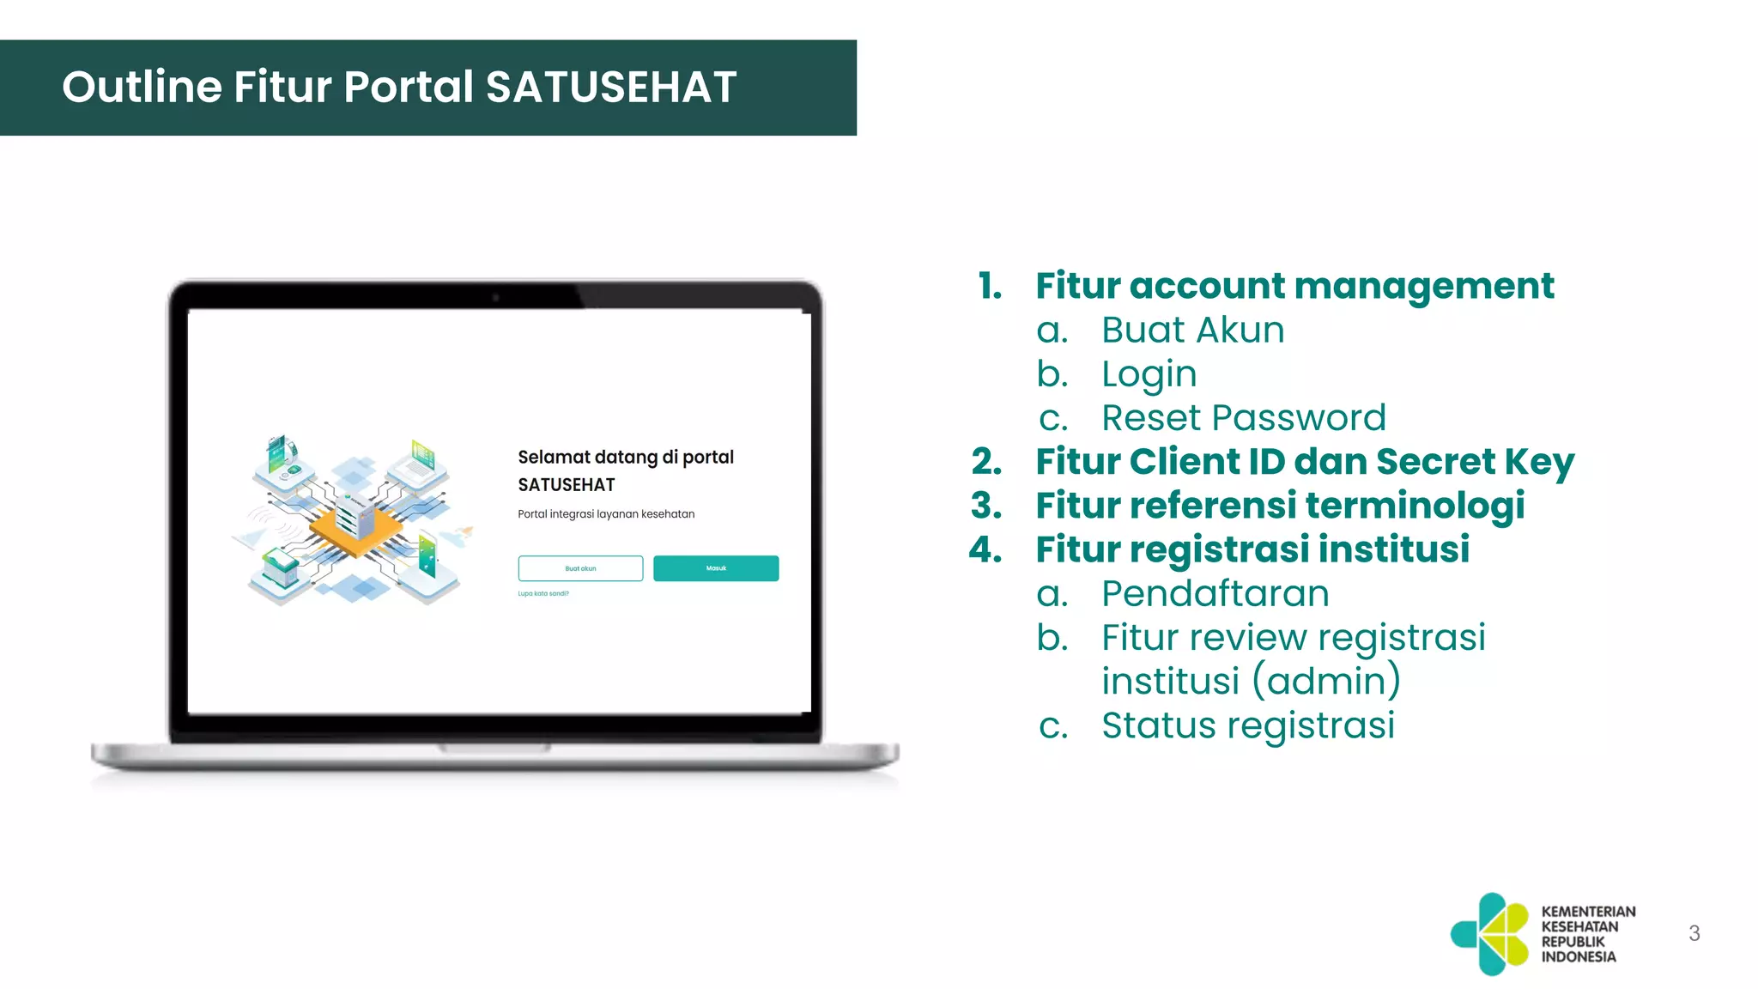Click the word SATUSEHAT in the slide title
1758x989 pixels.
pyautogui.click(x=611, y=87)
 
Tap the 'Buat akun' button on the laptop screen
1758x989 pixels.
pyautogui.click(x=580, y=568)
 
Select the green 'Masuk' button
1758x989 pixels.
pyautogui.click(x=716, y=568)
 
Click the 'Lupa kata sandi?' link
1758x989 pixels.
pyautogui.click(x=543, y=593)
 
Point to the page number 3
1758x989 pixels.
pyautogui.click(x=1694, y=933)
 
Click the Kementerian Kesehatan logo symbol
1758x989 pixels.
pyautogui.click(x=1491, y=934)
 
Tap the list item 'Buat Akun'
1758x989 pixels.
pyautogui.click(x=1192, y=330)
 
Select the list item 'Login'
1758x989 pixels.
pyautogui.click(x=1149, y=374)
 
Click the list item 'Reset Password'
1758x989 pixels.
pyautogui.click(x=1243, y=418)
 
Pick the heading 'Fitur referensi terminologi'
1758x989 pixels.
pyautogui.click(x=1280, y=506)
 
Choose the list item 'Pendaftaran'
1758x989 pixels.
pyautogui.click(x=1215, y=593)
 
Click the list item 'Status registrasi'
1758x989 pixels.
pyautogui.click(x=1247, y=725)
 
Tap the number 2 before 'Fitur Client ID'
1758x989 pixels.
pyautogui.click(x=986, y=462)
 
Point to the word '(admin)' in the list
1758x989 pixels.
pyautogui.click(x=1326, y=682)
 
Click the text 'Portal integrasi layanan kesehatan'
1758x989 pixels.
pyautogui.click(x=606, y=514)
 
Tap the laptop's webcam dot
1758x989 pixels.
pyautogui.click(x=495, y=298)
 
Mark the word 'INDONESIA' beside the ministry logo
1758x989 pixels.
pyautogui.click(x=1578, y=956)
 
